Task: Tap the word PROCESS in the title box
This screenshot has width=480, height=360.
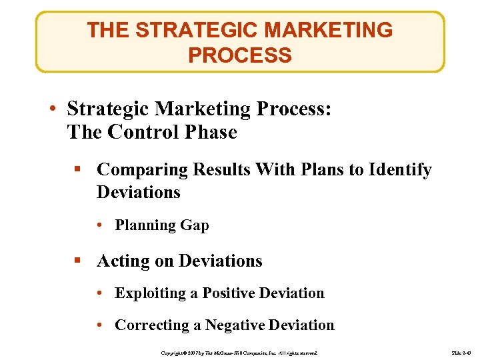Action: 240,55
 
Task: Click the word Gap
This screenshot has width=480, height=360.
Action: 194,225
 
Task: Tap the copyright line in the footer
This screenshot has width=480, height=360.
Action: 240,351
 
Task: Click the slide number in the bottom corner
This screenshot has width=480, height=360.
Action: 461,351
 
